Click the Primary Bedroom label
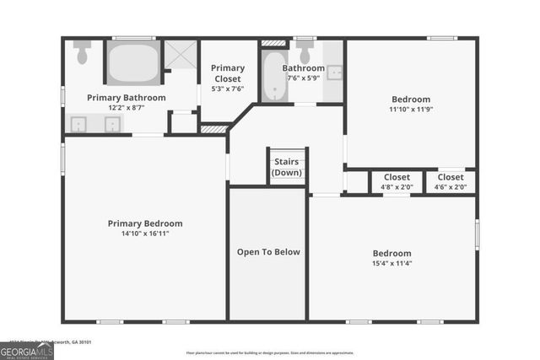tap(144, 223)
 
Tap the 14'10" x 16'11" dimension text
tap(144, 234)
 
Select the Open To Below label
tap(268, 252)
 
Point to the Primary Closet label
tap(228, 73)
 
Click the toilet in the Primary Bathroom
tap(82, 53)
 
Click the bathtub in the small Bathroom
tap(273, 78)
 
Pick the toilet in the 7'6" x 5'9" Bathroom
tap(304, 48)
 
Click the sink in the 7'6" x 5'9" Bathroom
tap(334, 73)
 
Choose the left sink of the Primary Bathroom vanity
tap(79, 125)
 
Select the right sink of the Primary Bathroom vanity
tap(112, 125)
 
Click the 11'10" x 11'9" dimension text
tap(410, 109)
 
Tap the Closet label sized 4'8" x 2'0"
tap(397, 177)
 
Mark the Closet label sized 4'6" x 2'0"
tap(451, 177)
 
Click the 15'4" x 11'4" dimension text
tap(392, 263)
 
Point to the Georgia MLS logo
tap(27, 347)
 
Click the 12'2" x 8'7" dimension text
tap(126, 108)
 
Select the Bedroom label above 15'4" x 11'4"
tap(392, 253)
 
